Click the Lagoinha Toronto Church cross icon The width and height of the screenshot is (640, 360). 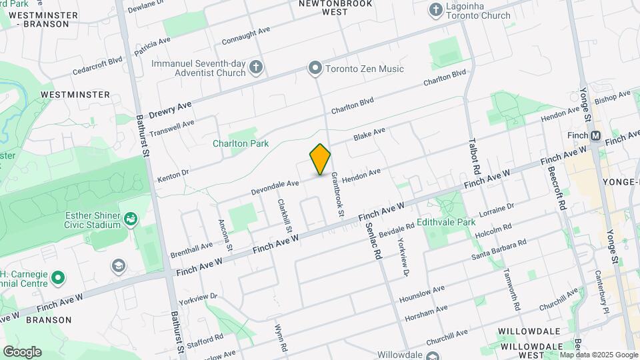pyautogui.click(x=435, y=10)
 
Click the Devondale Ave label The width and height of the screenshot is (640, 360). pyautogui.click(x=275, y=186)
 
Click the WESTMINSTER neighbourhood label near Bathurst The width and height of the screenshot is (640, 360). pyautogui.click(x=75, y=95)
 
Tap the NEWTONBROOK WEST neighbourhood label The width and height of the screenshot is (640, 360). pyautogui.click(x=322, y=7)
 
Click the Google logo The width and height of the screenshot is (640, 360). pyautogui.click(x=22, y=352)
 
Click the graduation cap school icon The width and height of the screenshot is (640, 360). pyautogui.click(x=119, y=267)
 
